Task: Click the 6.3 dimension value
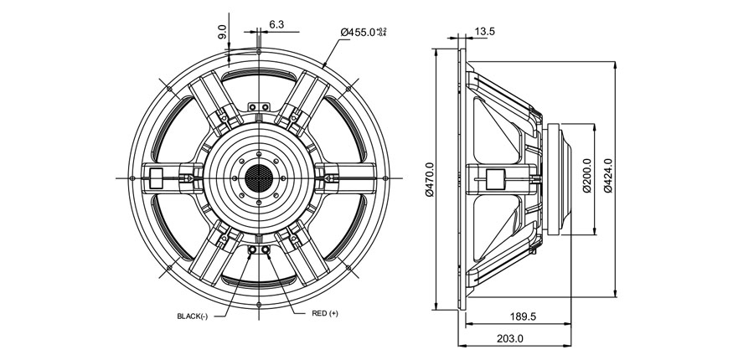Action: (x=277, y=25)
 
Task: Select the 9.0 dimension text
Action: (x=222, y=32)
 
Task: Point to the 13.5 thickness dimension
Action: (x=485, y=32)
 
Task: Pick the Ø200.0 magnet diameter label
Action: (x=586, y=176)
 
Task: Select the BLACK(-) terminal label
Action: (x=194, y=316)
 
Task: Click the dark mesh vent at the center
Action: (x=260, y=177)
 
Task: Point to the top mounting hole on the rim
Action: (x=260, y=53)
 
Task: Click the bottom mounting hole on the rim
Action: (x=260, y=303)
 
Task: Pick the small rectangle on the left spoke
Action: (x=156, y=177)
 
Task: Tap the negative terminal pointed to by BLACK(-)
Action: (x=253, y=249)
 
